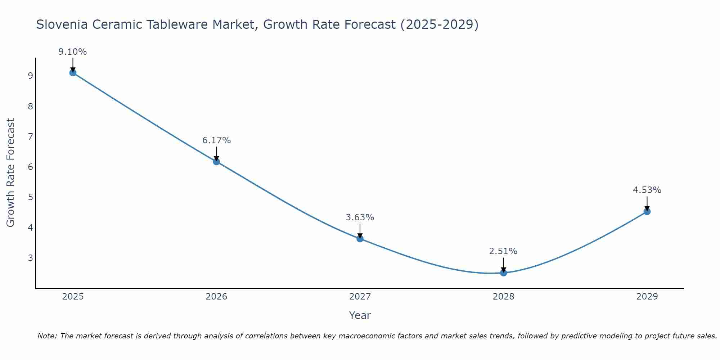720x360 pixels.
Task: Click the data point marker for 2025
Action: pos(73,73)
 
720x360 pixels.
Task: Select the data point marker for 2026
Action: pos(216,162)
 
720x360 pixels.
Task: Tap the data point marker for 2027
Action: pos(360,239)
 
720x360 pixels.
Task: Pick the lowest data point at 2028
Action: pos(503,273)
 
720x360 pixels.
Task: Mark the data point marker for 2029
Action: pos(647,212)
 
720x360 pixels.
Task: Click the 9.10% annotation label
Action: pos(73,52)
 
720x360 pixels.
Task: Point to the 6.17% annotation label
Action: pos(216,140)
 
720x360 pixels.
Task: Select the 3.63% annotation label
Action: pos(360,217)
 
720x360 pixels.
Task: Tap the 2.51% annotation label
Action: pos(503,251)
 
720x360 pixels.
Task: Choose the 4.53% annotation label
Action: pos(647,190)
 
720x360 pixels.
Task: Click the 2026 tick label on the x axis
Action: pos(216,297)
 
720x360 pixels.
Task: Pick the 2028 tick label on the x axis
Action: pos(503,297)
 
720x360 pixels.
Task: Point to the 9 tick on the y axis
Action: pos(30,76)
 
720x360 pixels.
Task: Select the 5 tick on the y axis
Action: pos(30,197)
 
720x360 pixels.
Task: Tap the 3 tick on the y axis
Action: pos(30,258)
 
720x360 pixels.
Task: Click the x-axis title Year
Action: pos(360,315)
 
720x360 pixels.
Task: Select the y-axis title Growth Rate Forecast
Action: pos(11,173)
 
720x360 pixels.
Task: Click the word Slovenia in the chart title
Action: pos(62,24)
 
